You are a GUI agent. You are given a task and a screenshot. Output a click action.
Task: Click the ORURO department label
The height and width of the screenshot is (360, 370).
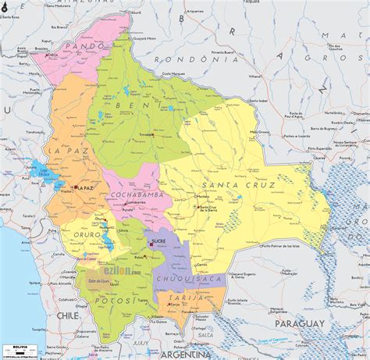click(x=85, y=233)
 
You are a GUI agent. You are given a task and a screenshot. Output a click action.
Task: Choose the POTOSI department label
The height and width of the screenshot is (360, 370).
click(x=107, y=300)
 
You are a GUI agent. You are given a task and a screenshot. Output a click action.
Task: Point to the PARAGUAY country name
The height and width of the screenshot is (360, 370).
click(x=302, y=323)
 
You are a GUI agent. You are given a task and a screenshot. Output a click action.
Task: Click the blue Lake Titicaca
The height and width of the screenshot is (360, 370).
click(x=41, y=172)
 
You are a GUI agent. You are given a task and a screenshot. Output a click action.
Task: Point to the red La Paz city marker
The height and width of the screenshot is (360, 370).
click(x=75, y=187)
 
